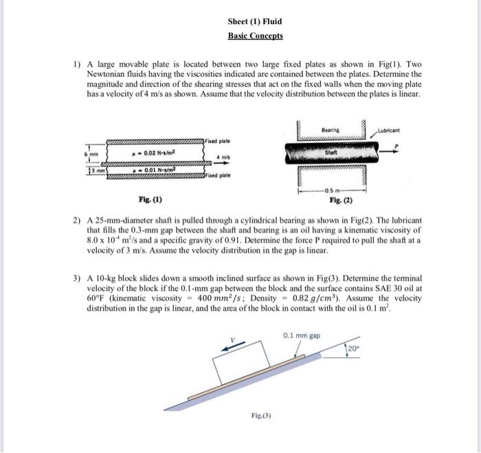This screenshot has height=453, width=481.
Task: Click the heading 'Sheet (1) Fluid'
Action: point(254,21)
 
